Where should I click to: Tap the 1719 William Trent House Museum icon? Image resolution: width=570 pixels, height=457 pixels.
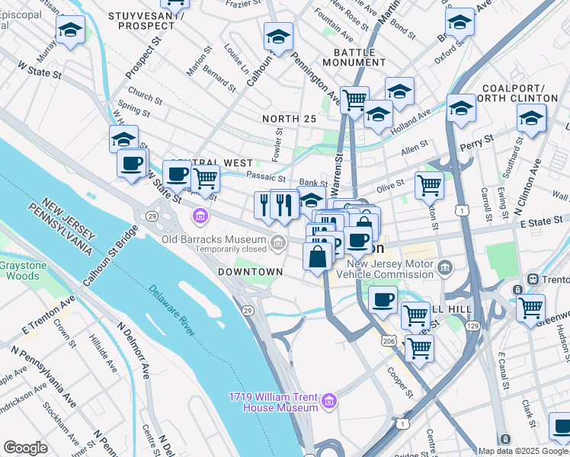pyautogui.click(x=329, y=401)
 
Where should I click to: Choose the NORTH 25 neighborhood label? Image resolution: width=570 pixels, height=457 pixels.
pyautogui.click(x=289, y=119)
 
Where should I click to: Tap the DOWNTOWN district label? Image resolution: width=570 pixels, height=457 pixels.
pyautogui.click(x=250, y=272)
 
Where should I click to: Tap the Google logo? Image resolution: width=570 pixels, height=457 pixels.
pyautogui.click(x=25, y=448)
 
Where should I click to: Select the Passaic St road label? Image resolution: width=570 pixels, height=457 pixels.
pyautogui.click(x=266, y=177)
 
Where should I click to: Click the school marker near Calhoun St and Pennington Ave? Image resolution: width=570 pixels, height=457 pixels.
pyautogui.click(x=278, y=37)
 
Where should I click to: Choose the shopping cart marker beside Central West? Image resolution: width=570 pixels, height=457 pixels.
pyautogui.click(x=205, y=178)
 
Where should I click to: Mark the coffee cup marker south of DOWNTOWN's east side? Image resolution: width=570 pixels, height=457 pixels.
pyautogui.click(x=383, y=299)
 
